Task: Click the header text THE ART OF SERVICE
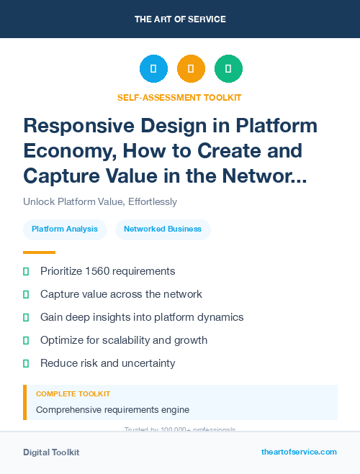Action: tap(180, 19)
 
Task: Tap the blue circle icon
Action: tap(153, 69)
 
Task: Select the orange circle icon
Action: tap(191, 69)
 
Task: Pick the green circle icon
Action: tap(228, 69)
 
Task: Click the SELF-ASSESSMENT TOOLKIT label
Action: tap(180, 97)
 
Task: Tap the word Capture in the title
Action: tap(61, 176)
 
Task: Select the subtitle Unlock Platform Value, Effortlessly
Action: tap(100, 202)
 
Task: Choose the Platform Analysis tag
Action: tap(65, 229)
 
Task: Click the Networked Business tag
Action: tap(163, 229)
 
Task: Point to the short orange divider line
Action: tap(39, 252)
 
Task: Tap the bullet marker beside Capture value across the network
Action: tap(26, 294)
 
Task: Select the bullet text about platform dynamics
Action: tap(142, 317)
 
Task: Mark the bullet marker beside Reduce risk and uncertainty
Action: tap(26, 363)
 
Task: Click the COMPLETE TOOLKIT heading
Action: tap(73, 394)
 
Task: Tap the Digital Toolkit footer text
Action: tap(51, 452)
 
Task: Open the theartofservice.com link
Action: tap(299, 452)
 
